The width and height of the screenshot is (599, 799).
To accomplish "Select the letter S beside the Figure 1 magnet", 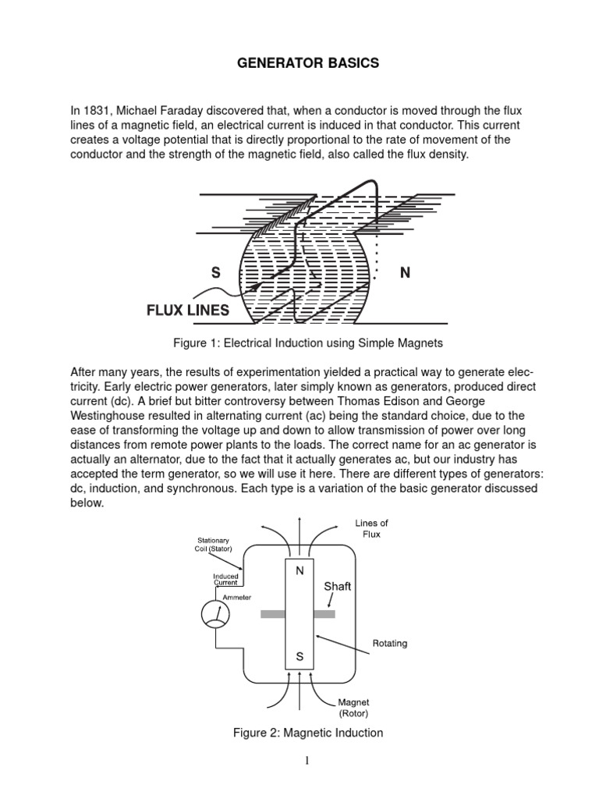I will [215, 273].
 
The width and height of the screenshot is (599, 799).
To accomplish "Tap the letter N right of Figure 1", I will [405, 273].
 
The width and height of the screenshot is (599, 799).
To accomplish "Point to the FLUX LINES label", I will [188, 311].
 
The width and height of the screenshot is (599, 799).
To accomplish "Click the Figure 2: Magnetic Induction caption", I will [308, 732].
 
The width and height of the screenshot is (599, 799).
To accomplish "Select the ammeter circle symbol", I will [215, 616].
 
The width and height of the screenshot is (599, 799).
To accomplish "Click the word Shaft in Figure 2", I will [338, 585].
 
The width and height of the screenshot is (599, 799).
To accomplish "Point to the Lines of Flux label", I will [371, 528].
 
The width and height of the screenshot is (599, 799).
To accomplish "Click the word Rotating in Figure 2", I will [391, 644].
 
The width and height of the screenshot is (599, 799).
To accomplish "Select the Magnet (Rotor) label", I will [353, 708].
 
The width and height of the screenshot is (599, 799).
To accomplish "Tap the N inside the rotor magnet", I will [299, 571].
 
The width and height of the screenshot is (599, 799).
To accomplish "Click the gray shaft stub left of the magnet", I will [272, 614].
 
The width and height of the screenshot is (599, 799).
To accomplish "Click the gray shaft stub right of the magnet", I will [324, 614].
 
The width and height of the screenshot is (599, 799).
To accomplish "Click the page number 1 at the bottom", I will [308, 762].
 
